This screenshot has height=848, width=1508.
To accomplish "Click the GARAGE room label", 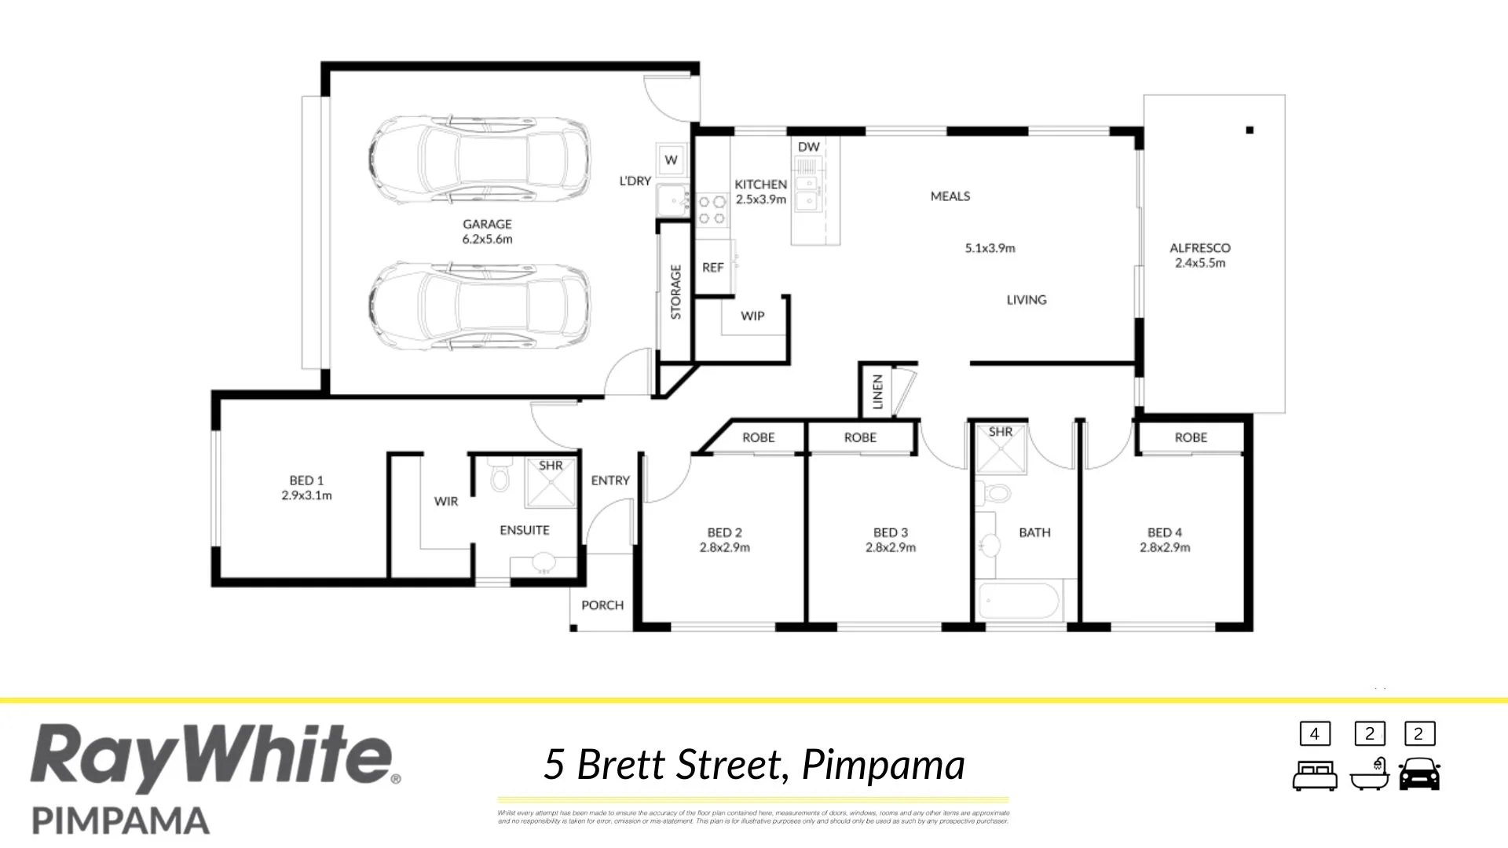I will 487,225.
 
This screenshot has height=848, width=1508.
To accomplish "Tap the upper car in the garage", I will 479,159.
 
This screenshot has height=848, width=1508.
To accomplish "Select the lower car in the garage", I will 479,306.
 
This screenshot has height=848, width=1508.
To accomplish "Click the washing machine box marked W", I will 671,159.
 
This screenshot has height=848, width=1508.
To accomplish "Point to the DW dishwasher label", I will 808,147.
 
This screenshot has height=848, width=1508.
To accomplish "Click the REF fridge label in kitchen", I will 712,268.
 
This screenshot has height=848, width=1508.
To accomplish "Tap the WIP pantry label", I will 752,316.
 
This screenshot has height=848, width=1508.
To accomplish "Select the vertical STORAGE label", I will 675,292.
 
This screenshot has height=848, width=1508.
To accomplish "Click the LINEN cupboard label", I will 878,391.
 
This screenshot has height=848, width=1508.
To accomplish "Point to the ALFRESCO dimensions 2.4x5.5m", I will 1199,263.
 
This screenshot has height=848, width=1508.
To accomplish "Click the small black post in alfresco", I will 1250,130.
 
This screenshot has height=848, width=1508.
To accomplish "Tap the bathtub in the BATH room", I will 1018,602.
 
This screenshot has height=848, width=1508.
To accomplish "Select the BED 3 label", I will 890,532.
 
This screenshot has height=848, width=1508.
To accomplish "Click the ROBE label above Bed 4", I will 1191,437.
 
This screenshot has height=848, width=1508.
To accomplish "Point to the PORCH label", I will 602,605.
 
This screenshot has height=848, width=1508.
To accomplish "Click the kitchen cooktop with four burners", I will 712,210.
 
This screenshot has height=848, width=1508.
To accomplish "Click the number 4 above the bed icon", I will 1314,734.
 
